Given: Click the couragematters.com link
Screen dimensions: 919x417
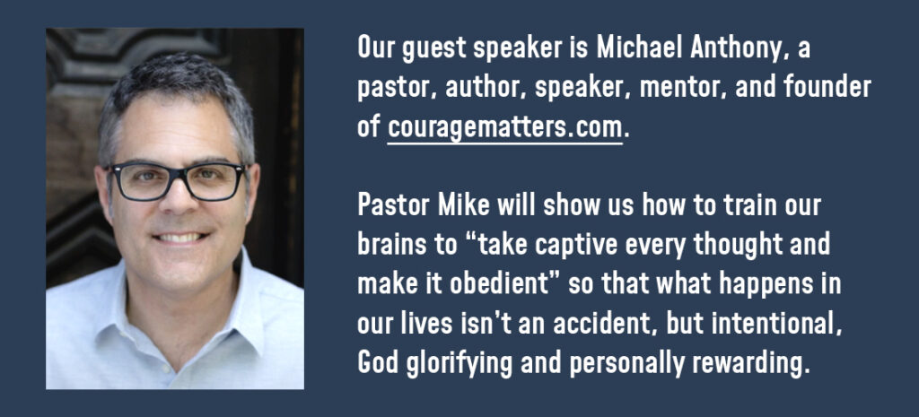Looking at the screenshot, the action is [x=504, y=127].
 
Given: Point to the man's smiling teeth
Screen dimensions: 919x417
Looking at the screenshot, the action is [x=179, y=238].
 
